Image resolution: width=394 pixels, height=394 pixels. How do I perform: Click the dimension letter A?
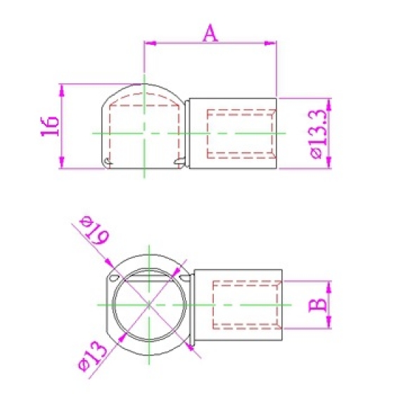coord(210,34)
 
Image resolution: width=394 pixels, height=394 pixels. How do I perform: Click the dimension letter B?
coord(318,304)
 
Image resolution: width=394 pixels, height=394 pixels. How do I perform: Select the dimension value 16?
coord(50,126)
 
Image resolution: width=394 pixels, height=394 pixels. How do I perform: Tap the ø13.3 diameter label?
coord(319,134)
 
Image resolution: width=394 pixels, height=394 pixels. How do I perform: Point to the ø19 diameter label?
coord(94,229)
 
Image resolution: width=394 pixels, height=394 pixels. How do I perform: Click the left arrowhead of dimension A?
coord(151,44)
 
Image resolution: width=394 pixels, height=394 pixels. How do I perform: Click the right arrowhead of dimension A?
coord(270,44)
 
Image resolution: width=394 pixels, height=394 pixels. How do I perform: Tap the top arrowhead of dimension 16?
coord(62,90)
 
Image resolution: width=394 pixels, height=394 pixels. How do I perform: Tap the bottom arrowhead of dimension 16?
coord(62,163)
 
